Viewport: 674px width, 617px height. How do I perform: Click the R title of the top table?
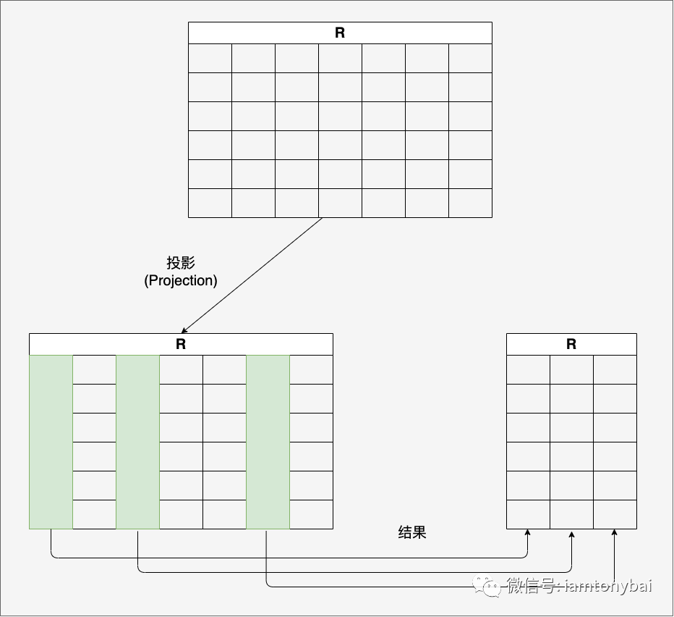(340, 33)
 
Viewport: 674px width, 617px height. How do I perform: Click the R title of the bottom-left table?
(181, 344)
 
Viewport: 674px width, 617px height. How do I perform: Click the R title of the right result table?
(571, 344)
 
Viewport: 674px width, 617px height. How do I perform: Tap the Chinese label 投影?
(181, 263)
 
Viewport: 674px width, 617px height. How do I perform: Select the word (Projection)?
(181, 281)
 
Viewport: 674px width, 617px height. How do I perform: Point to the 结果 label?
(411, 532)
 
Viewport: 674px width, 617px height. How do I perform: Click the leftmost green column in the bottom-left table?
(51, 442)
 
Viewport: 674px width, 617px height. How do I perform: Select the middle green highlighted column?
(137, 442)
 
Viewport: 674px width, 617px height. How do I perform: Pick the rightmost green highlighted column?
(268, 442)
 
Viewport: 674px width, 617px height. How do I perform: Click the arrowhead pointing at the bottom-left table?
(184, 331)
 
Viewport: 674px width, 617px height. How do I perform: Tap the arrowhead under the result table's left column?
(527, 532)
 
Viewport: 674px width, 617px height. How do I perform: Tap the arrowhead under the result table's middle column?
(571, 534)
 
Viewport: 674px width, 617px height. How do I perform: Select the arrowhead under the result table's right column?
(614, 532)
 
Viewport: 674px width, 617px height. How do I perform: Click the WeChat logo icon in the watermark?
(487, 586)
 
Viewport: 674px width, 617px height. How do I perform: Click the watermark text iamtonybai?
(609, 586)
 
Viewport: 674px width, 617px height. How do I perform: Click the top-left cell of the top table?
(210, 58)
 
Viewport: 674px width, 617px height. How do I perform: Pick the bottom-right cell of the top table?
(470, 203)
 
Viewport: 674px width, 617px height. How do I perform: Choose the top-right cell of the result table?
(615, 369)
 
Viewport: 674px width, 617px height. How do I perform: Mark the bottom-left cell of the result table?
(529, 514)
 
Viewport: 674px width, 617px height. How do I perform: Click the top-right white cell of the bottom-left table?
(311, 369)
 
